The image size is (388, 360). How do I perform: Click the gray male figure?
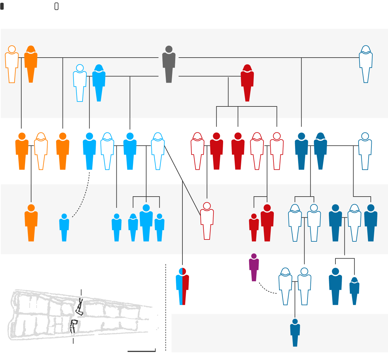click(x=169, y=66)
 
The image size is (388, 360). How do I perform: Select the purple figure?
click(x=254, y=268)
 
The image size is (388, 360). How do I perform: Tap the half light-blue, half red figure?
click(x=182, y=286)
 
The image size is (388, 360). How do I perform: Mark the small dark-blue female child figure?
click(x=354, y=291)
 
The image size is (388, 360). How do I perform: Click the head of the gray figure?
click(x=169, y=49)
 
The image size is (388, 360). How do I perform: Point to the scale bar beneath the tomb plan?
click(x=141, y=351)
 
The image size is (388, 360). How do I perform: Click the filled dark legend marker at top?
click(x=2, y=6)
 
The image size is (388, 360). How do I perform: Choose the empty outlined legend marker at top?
click(x=56, y=6)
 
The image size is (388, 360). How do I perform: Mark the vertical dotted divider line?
click(x=166, y=307)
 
